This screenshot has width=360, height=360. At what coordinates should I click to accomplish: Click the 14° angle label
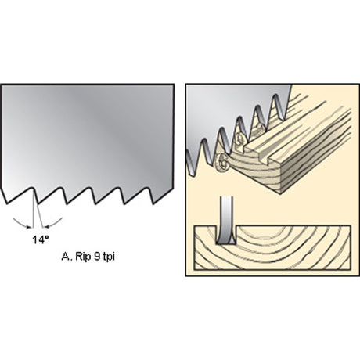[41, 239]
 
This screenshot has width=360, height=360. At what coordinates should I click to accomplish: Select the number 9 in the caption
[96, 257]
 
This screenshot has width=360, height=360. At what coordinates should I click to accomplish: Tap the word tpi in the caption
[109, 257]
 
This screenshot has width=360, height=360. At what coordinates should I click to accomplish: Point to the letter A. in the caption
[67, 257]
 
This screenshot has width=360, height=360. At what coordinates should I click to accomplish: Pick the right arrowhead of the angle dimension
[47, 226]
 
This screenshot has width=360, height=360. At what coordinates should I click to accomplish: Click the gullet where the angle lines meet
[33, 188]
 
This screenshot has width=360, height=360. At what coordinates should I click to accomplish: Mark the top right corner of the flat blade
[174, 85]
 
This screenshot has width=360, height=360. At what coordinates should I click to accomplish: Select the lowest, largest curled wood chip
[221, 162]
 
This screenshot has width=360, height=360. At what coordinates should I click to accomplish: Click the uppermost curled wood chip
[260, 130]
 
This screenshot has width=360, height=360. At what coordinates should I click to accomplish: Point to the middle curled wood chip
[240, 139]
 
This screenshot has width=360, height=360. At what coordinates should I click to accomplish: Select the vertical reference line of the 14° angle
[34, 207]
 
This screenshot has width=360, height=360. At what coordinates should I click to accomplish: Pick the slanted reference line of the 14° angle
[38, 207]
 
